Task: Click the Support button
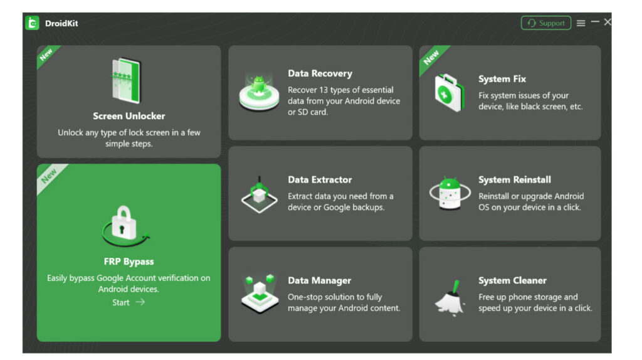pyautogui.click(x=545, y=23)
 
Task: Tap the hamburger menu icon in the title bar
pyautogui.click(x=581, y=23)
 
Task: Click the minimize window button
pyautogui.click(x=595, y=22)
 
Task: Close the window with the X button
pyautogui.click(x=608, y=22)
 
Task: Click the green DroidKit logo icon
pyautogui.click(x=32, y=23)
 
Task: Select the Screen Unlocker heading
pyautogui.click(x=129, y=116)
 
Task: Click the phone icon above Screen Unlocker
pyautogui.click(x=127, y=81)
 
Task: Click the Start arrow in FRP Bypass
pyautogui.click(x=129, y=302)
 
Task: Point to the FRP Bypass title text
pyautogui.click(x=129, y=262)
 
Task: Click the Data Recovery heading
pyautogui.click(x=320, y=73)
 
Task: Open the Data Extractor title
pyautogui.click(x=320, y=179)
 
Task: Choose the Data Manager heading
pyautogui.click(x=319, y=280)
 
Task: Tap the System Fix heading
pyautogui.click(x=502, y=79)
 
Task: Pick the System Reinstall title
pyautogui.click(x=514, y=179)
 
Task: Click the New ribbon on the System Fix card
pyautogui.click(x=431, y=58)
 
